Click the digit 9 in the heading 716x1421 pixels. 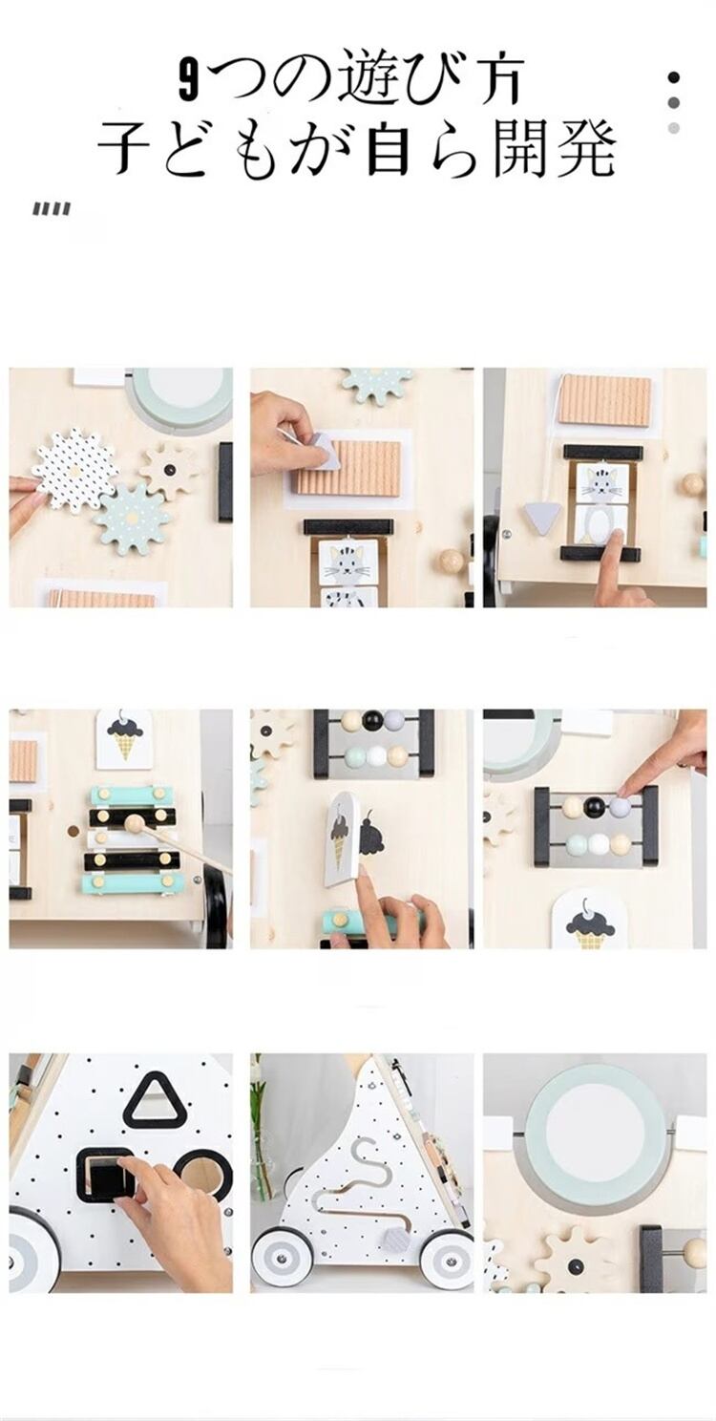[188, 79]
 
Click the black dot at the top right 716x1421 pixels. [673, 78]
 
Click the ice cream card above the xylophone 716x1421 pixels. [124, 738]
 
